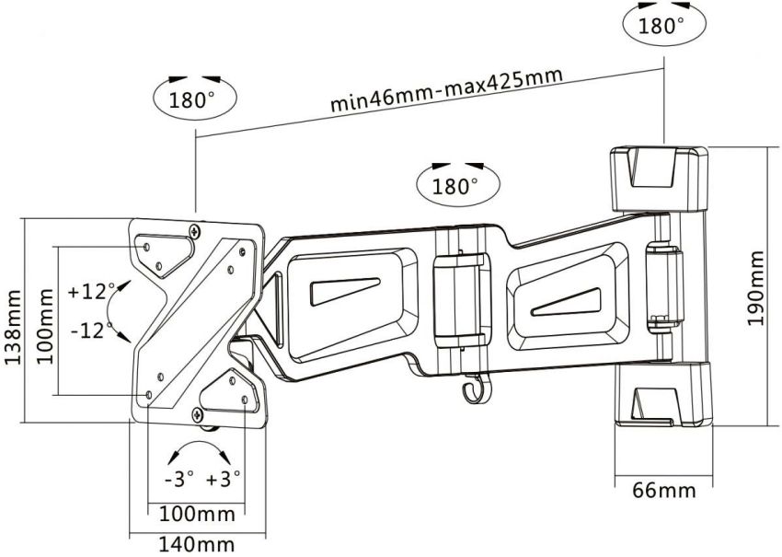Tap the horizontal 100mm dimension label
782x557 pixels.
coord(196,513)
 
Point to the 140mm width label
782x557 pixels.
coord(196,544)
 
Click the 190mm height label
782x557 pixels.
coord(755,287)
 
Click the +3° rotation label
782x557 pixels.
coord(224,479)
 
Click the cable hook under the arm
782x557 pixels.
coord(471,393)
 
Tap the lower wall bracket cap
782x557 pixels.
coord(661,397)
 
